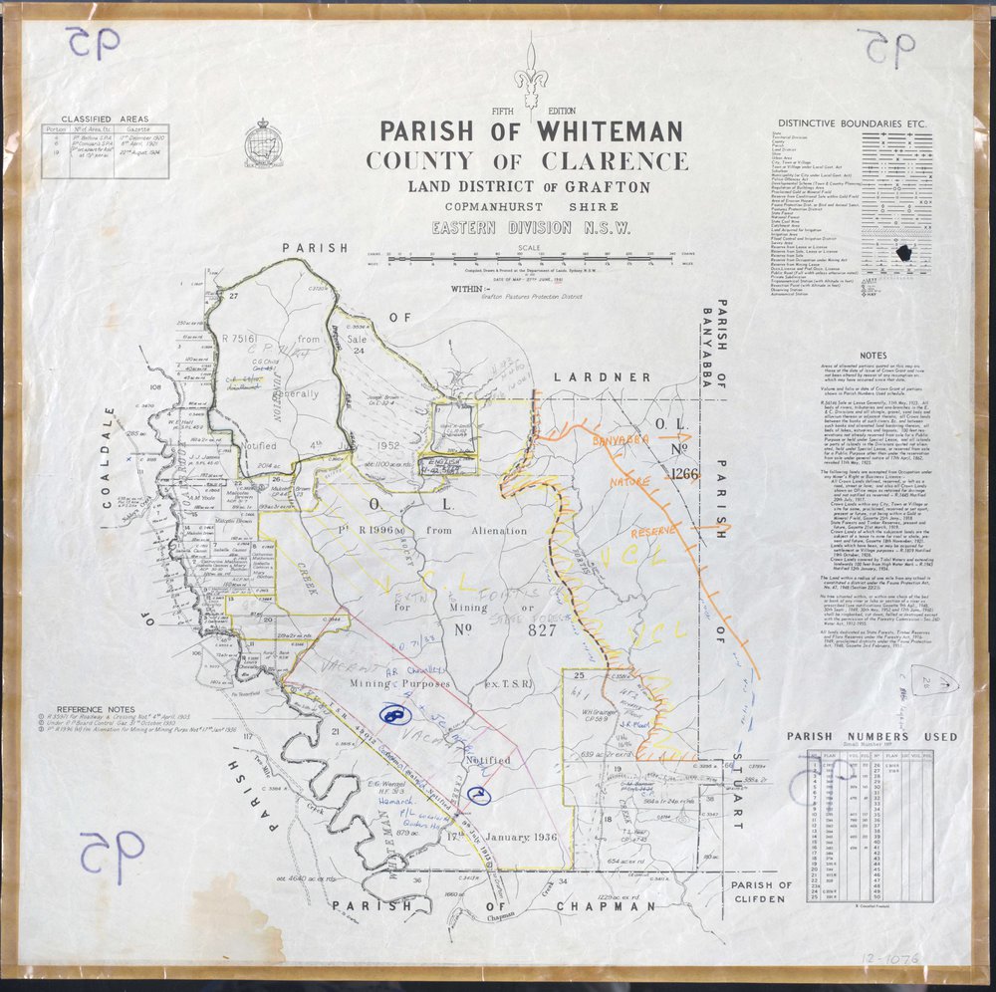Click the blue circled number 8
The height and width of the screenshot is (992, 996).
395,715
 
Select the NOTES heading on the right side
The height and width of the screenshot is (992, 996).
872,355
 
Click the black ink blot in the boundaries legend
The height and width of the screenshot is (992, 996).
905,254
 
